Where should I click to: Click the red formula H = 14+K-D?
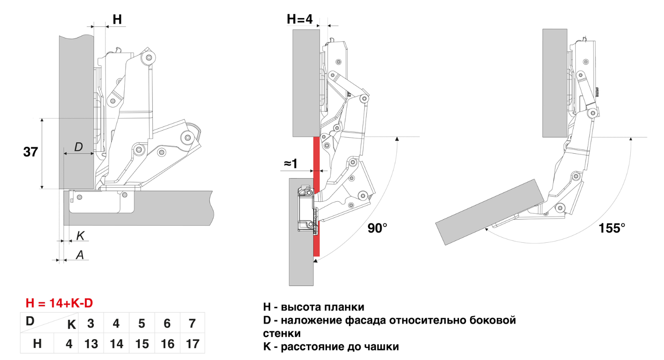coord(59,303)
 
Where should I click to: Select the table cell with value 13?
coord(91,344)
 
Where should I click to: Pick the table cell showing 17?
coord(193,344)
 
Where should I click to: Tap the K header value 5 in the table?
coord(142,324)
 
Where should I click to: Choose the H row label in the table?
coord(37,344)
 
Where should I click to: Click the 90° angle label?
coord(378,228)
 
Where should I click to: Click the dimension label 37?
coord(30,152)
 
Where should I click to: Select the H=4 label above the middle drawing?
coord(300,19)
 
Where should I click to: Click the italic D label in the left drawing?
coord(78,147)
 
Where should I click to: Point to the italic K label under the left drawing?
coord(80,235)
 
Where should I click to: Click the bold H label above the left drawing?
coord(117,19)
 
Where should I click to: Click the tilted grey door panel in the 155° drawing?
coord(489,212)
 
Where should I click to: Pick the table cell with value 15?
coord(142,344)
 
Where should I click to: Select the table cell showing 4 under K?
coord(116,324)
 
